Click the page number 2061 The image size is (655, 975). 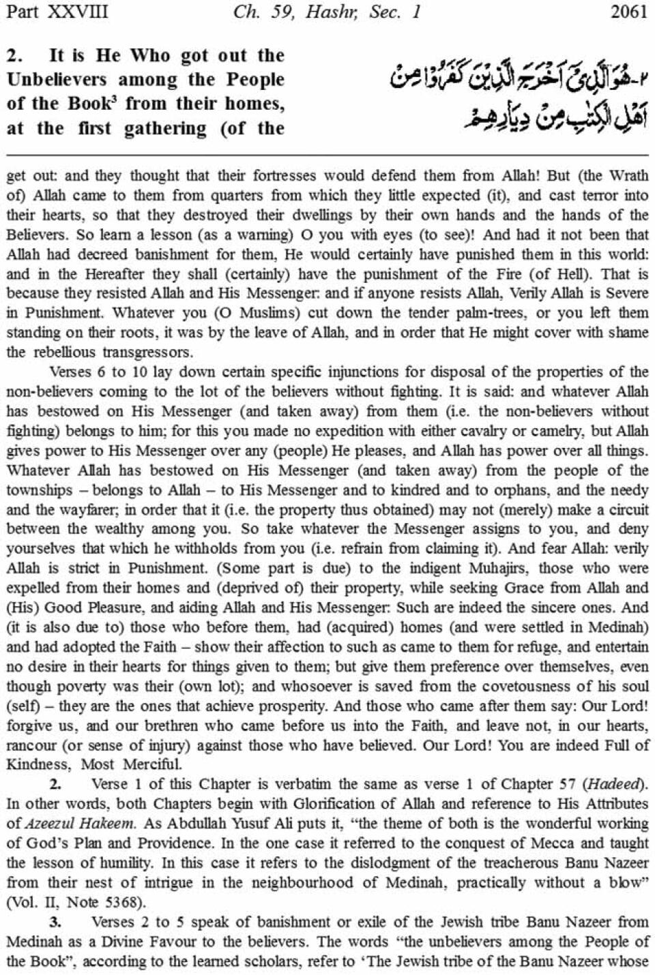[628, 12]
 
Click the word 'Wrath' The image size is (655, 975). [628, 176]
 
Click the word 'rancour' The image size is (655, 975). [30, 746]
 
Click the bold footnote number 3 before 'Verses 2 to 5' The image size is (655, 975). [56, 922]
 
